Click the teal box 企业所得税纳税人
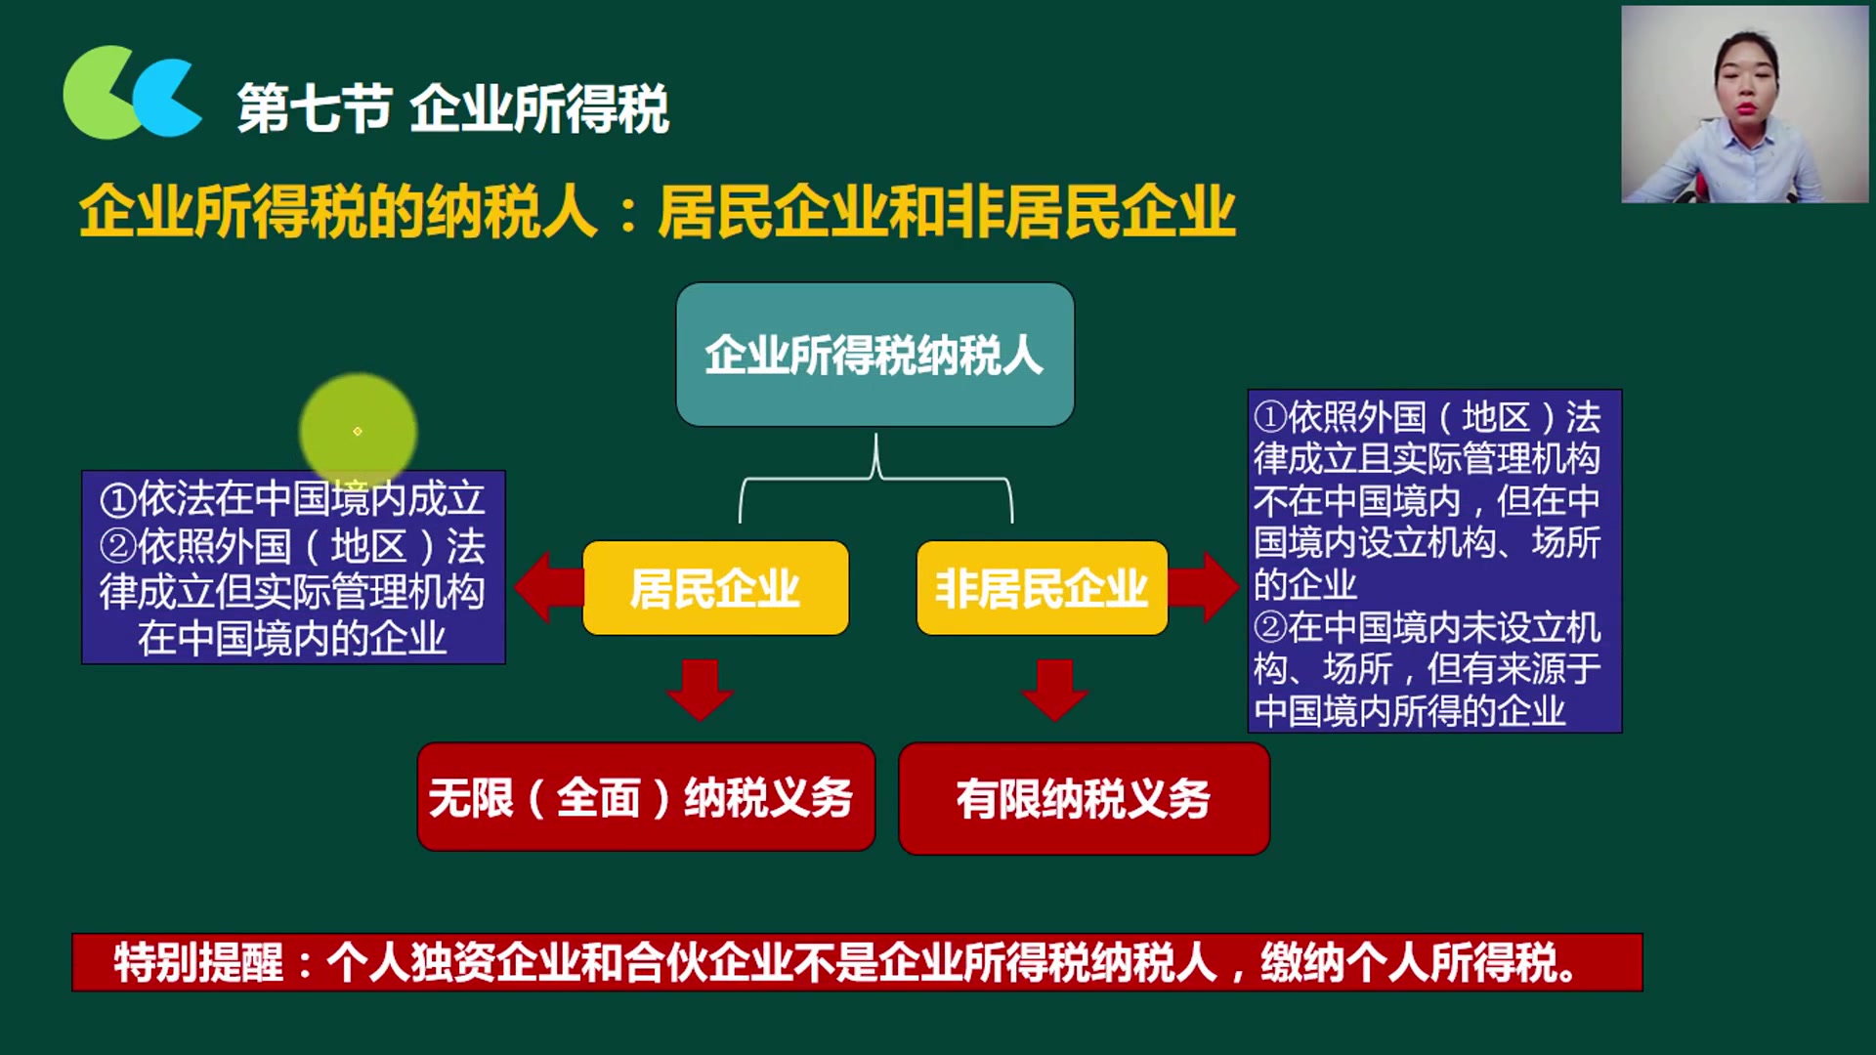pos(874,354)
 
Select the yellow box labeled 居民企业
pos(715,588)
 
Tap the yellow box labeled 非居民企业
pos(1042,588)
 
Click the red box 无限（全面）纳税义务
pos(646,797)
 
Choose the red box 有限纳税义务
pos(1084,798)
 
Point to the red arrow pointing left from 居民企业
pos(547,587)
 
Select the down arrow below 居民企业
pos(700,689)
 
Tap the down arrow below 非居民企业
pos(1054,689)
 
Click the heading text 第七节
pos(314,107)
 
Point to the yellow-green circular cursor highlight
pos(358,431)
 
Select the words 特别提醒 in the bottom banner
pos(198,962)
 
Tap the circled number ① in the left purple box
pos(117,500)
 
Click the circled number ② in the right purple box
pos(1270,627)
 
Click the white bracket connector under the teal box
pos(875,479)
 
